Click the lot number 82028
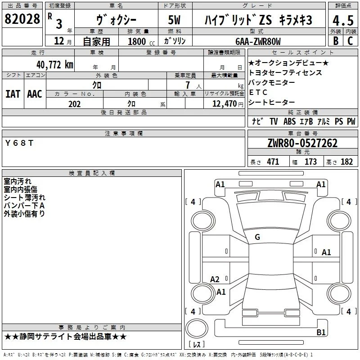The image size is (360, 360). point(22,18)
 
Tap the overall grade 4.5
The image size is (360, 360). point(343,20)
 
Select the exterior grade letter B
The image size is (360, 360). point(336,40)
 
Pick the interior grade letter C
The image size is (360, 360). point(350,40)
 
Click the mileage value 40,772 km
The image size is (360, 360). point(55,65)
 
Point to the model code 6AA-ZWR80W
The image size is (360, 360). point(258,41)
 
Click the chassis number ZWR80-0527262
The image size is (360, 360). point(302,143)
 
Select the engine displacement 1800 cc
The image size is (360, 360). point(141,41)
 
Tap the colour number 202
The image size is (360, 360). point(74,104)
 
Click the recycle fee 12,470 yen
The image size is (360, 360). point(228,104)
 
